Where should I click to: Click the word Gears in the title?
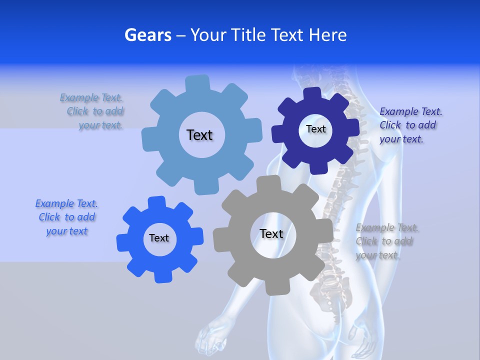(147, 35)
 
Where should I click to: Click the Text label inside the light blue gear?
(199, 135)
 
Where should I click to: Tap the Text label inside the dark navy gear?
(315, 129)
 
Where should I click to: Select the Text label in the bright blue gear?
(159, 238)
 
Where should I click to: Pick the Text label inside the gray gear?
(271, 233)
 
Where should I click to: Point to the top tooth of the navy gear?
(312, 94)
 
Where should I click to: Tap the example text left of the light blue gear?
(92, 111)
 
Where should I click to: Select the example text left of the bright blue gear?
(66, 217)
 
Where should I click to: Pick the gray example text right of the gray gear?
(386, 241)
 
